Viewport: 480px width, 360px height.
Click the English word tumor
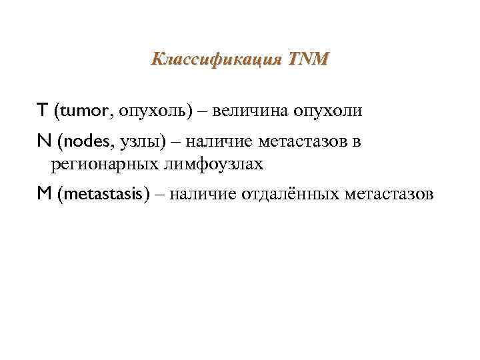83,111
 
